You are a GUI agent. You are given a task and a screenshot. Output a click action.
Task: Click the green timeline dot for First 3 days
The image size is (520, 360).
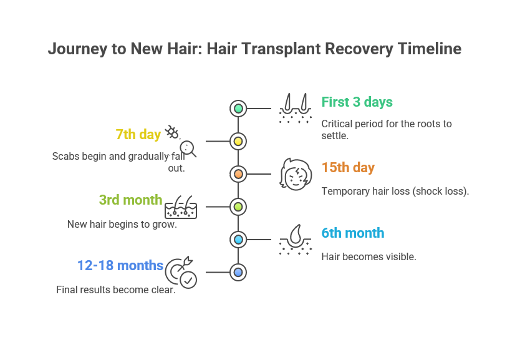[x=238, y=109]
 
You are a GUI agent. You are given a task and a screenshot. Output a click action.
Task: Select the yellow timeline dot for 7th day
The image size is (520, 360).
[x=238, y=142]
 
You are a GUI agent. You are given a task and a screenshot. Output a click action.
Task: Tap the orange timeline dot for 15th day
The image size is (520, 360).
[x=238, y=174]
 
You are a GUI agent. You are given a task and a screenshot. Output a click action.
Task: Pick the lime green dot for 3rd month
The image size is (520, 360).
[x=238, y=207]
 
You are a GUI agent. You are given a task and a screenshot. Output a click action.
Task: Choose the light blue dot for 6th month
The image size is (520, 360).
[x=238, y=240]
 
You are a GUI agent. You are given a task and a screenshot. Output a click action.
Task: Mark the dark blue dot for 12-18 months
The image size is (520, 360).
[x=238, y=273]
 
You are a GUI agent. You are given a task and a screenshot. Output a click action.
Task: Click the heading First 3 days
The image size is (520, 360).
[x=357, y=102]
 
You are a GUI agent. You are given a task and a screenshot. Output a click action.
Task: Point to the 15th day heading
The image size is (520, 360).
[x=348, y=168]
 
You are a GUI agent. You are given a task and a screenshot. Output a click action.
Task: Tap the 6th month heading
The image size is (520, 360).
[x=353, y=233]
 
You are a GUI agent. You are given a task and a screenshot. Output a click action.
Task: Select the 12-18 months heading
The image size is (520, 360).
[x=120, y=265]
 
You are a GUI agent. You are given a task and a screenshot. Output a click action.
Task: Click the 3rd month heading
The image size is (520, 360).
[x=131, y=200]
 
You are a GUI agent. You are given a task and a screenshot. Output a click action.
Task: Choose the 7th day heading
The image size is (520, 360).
[x=138, y=135]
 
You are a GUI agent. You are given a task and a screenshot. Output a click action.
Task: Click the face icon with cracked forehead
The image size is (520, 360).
[x=296, y=175]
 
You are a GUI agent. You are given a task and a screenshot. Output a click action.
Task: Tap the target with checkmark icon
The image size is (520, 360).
[x=181, y=273]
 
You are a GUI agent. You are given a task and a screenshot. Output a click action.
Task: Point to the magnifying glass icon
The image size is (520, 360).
[x=188, y=148]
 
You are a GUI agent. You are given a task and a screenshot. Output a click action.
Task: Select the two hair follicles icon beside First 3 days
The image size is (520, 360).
[x=296, y=108]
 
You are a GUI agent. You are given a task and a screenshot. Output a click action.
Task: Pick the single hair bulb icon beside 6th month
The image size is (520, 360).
[x=296, y=240]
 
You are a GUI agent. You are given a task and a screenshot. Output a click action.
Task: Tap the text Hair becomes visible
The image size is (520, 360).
[x=368, y=257]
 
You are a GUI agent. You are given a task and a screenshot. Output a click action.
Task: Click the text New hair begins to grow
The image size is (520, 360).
[x=122, y=224]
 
